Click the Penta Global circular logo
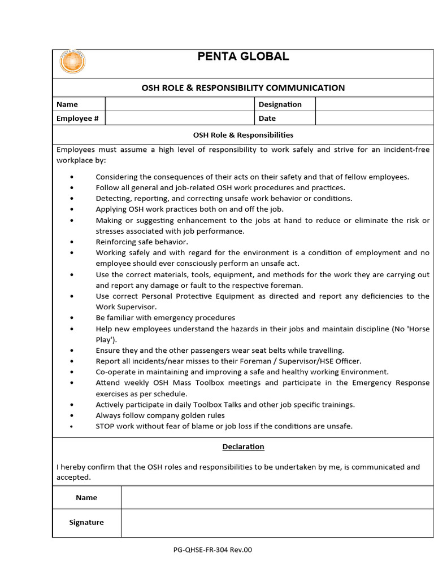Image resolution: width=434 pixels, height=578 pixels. (x=72, y=62)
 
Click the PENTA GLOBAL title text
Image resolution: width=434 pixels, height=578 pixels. (x=243, y=56)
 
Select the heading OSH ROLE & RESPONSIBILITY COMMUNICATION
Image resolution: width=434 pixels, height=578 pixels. (x=242, y=87)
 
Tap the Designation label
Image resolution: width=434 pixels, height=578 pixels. (x=280, y=104)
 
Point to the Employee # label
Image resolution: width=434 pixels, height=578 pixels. (x=78, y=118)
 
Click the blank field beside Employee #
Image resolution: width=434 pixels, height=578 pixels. (x=180, y=118)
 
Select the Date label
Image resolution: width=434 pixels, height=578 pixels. (x=267, y=118)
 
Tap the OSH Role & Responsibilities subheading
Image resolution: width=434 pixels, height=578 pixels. (x=243, y=135)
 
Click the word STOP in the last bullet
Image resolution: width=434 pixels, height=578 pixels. (x=106, y=426)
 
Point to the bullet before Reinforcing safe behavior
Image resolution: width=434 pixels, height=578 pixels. (x=72, y=242)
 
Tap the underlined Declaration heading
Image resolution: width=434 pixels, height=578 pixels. (x=243, y=446)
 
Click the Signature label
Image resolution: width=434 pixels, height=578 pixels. (x=86, y=522)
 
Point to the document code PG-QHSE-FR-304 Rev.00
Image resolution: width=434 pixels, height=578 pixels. (x=213, y=550)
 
